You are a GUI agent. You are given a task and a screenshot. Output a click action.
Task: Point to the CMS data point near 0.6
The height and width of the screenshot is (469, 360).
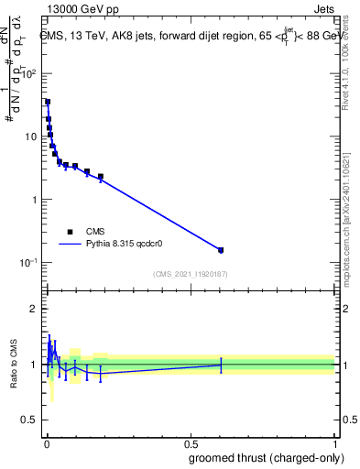221,249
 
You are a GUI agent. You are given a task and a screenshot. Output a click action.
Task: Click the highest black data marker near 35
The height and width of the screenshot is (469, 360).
48,102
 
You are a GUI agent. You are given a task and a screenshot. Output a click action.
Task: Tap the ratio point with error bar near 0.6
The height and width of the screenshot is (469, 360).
221,365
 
